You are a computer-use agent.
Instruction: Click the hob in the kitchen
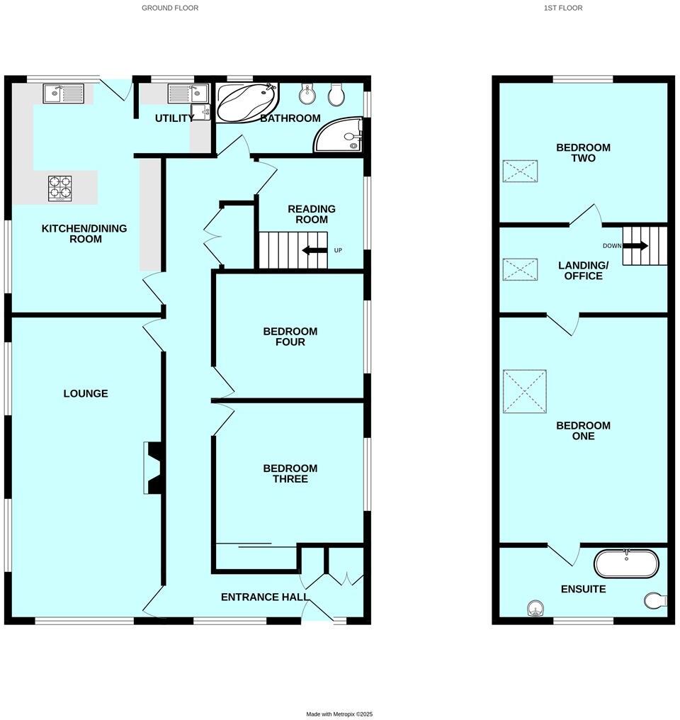point(60,188)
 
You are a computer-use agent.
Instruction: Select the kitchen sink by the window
point(63,93)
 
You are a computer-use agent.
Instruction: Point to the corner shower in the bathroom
point(341,135)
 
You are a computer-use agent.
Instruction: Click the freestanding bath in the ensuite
point(626,563)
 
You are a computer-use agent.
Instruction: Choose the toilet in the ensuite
point(655,601)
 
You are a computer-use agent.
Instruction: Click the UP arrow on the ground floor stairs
point(314,250)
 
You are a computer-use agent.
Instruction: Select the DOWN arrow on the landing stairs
point(635,246)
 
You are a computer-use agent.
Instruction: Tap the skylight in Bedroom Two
point(520,171)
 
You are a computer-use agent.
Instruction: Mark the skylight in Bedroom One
point(524,391)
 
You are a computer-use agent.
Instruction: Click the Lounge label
point(86,393)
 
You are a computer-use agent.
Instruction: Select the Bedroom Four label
point(290,337)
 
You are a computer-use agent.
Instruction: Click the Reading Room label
point(311,214)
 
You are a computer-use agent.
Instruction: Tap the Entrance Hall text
point(265,597)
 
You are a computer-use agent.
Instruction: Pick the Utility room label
point(174,118)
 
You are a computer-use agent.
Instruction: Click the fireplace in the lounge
point(154,467)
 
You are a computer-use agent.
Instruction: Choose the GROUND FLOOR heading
point(170,8)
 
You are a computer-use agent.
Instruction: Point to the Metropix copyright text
point(339,714)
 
